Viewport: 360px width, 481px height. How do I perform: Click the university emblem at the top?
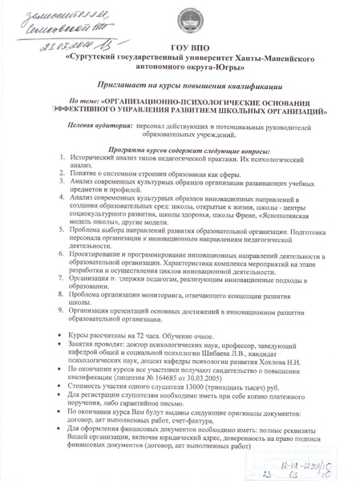tap(192, 25)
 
